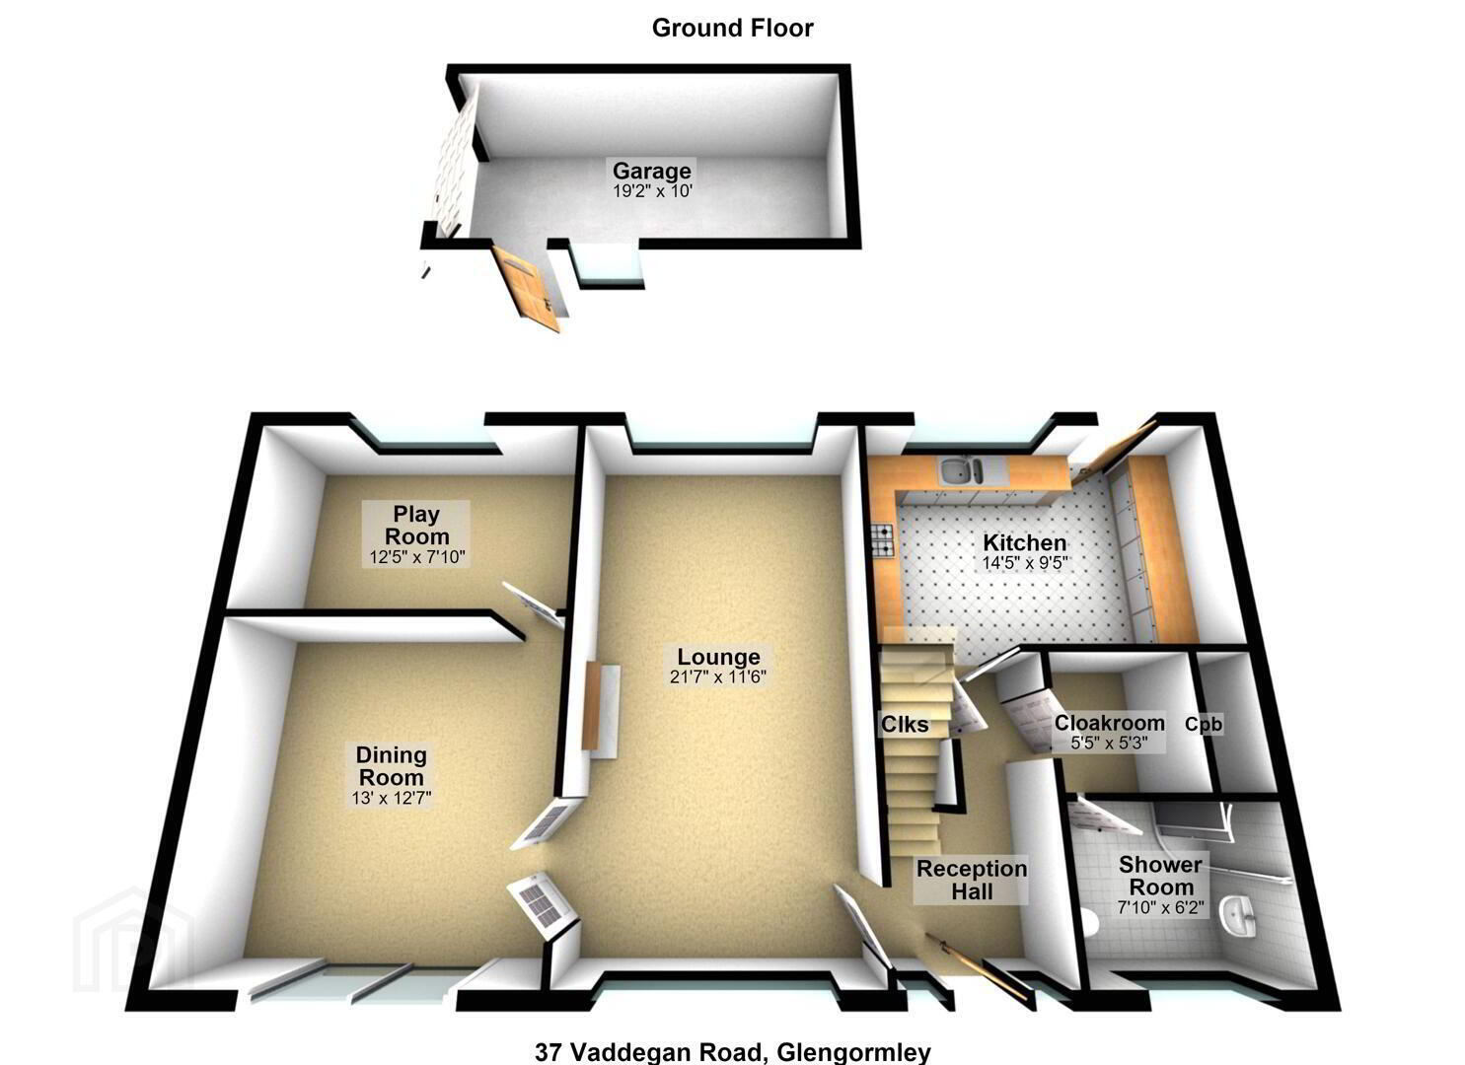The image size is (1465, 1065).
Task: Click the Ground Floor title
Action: tap(732, 29)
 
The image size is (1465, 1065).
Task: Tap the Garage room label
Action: tap(651, 171)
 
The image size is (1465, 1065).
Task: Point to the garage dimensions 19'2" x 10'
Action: tap(651, 191)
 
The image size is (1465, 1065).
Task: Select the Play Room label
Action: tap(416, 525)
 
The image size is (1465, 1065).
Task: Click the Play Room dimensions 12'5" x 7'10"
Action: tap(416, 557)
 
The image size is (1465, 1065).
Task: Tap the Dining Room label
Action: tap(391, 766)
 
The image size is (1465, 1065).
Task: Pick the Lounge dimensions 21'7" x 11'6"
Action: tap(718, 676)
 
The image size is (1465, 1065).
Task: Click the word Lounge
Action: tap(718, 657)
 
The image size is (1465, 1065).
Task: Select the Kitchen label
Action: tap(1024, 542)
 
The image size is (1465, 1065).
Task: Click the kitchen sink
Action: tap(961, 470)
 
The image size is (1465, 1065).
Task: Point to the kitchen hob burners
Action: tap(881, 542)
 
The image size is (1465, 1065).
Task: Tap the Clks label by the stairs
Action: tap(905, 725)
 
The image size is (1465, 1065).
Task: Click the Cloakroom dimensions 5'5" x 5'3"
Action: tap(1109, 744)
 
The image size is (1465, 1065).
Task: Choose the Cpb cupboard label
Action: tap(1204, 725)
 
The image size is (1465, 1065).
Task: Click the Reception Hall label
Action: tap(971, 880)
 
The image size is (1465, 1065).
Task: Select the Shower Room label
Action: tap(1161, 876)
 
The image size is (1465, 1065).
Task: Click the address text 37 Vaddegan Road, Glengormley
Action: tap(732, 1052)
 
